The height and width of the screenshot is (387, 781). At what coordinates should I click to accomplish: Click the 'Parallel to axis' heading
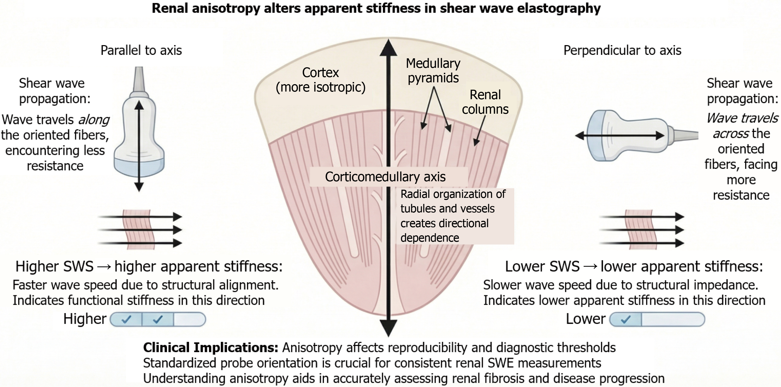pos(141,50)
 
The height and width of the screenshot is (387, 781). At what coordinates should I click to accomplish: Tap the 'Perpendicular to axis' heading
pos(622,50)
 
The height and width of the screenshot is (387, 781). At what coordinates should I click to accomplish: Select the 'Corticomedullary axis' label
pos(385,177)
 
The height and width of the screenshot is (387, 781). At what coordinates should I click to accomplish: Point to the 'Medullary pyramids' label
pos(433,70)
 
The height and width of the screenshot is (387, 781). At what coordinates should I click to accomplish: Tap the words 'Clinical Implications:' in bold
pos(210,347)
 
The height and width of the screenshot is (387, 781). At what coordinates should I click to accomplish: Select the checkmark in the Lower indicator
pos(626,319)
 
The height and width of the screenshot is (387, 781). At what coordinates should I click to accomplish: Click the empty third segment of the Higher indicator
pos(190,319)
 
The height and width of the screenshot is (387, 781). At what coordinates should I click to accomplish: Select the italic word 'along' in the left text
pos(94,120)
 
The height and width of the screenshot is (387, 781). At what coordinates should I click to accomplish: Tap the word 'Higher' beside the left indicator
pos(85,319)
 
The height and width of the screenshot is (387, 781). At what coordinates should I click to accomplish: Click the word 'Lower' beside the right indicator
pos(585,319)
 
